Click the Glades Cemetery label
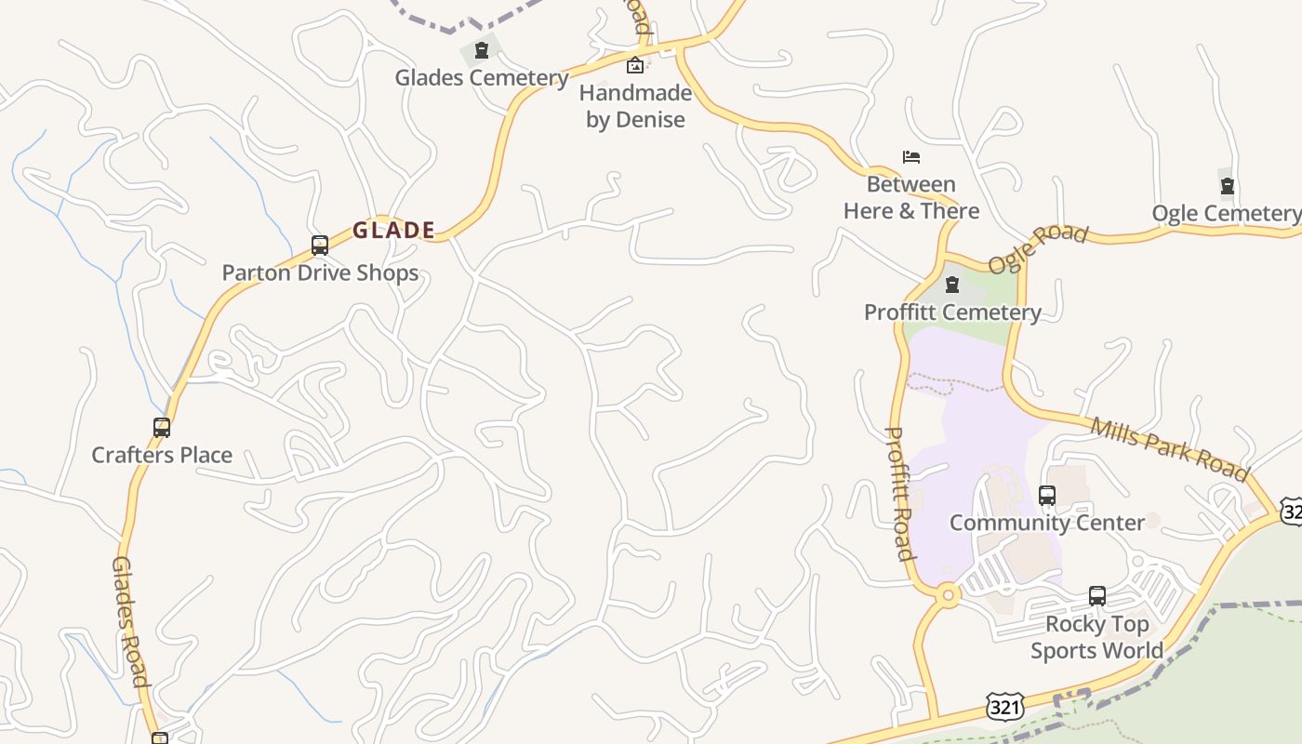(481, 77)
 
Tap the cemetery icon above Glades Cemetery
(482, 50)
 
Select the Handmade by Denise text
(636, 106)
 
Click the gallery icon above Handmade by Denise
(635, 65)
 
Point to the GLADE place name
(393, 230)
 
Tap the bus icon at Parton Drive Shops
(320, 246)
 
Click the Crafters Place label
(162, 455)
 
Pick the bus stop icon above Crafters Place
(162, 428)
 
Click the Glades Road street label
(130, 621)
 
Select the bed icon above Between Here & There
(911, 157)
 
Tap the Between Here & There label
(911, 197)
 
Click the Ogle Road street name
(1037, 248)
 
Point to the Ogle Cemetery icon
(1227, 186)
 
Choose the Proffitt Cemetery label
(952, 312)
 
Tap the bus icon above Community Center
(1047, 496)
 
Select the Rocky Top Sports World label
(1096, 637)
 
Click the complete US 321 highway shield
(1005, 708)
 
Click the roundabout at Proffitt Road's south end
(948, 594)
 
